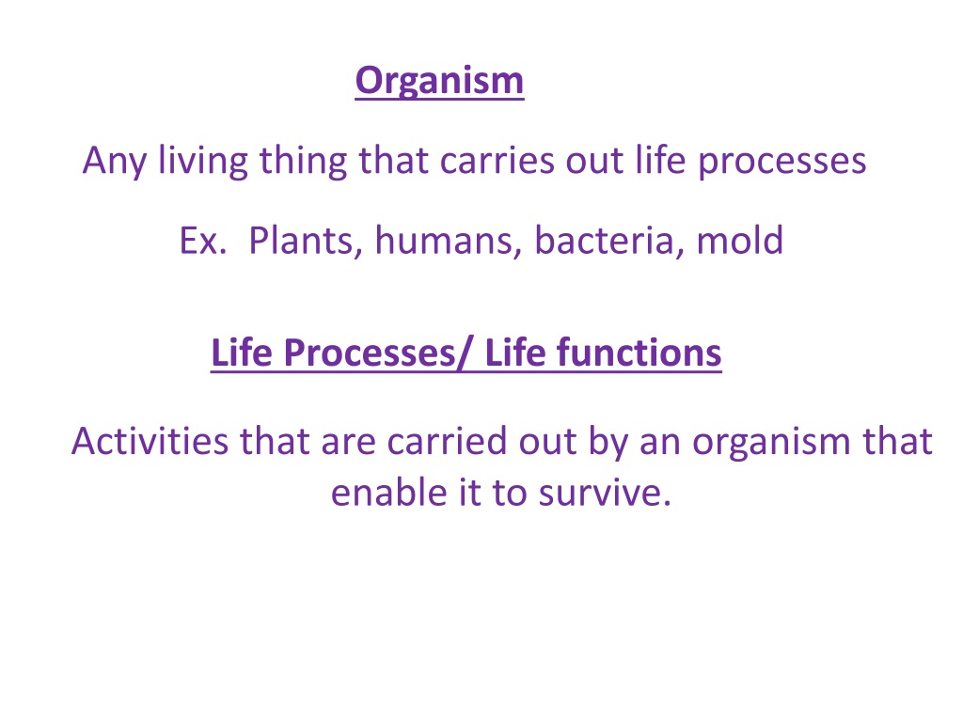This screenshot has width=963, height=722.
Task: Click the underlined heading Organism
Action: pos(439,81)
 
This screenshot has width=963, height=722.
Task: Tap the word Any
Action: pos(114,162)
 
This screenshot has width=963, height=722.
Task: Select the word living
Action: pos(203,162)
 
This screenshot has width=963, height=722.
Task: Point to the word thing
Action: pos(304,162)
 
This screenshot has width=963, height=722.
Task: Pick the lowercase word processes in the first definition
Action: pos(782,162)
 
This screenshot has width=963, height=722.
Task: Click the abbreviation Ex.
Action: pos(203,240)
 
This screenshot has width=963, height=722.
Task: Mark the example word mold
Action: pos(739,240)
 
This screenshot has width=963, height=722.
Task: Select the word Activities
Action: pos(150,441)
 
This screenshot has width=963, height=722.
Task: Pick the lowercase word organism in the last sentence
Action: pos(771,442)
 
